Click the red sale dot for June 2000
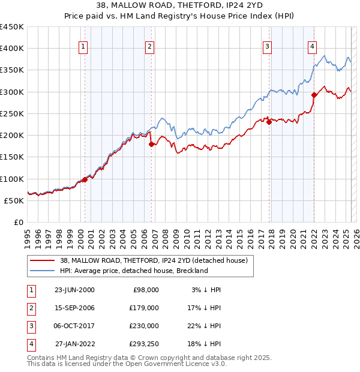coord(85,179)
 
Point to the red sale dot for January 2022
coord(314,95)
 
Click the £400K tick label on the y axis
coord(12,49)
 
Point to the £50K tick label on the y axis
coord(14,200)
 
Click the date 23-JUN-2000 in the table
coord(74,290)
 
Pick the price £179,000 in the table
coord(144,308)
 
